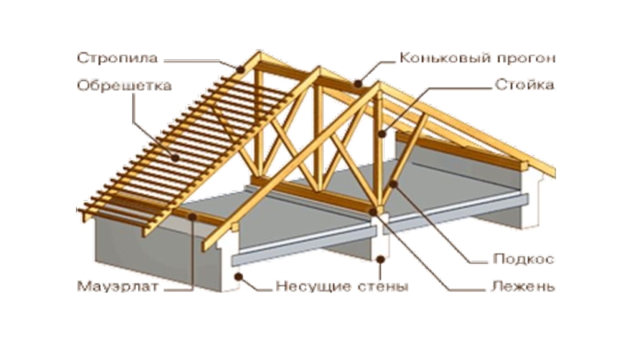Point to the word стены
tap(380, 286)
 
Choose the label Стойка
tap(524, 82)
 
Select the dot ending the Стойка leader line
tap(382, 135)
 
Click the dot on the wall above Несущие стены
tap(382, 258)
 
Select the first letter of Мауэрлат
tap(82, 285)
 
